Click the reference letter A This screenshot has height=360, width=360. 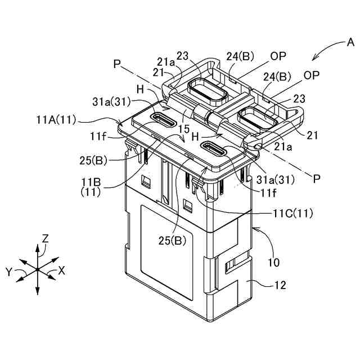click(x=349, y=42)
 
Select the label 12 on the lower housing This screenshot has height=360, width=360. click(x=280, y=286)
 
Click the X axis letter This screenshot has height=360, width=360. click(x=62, y=271)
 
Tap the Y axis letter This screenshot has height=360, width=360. click(x=9, y=272)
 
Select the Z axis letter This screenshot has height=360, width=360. click(x=46, y=238)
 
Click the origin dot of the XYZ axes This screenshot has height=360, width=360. click(x=37, y=269)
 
